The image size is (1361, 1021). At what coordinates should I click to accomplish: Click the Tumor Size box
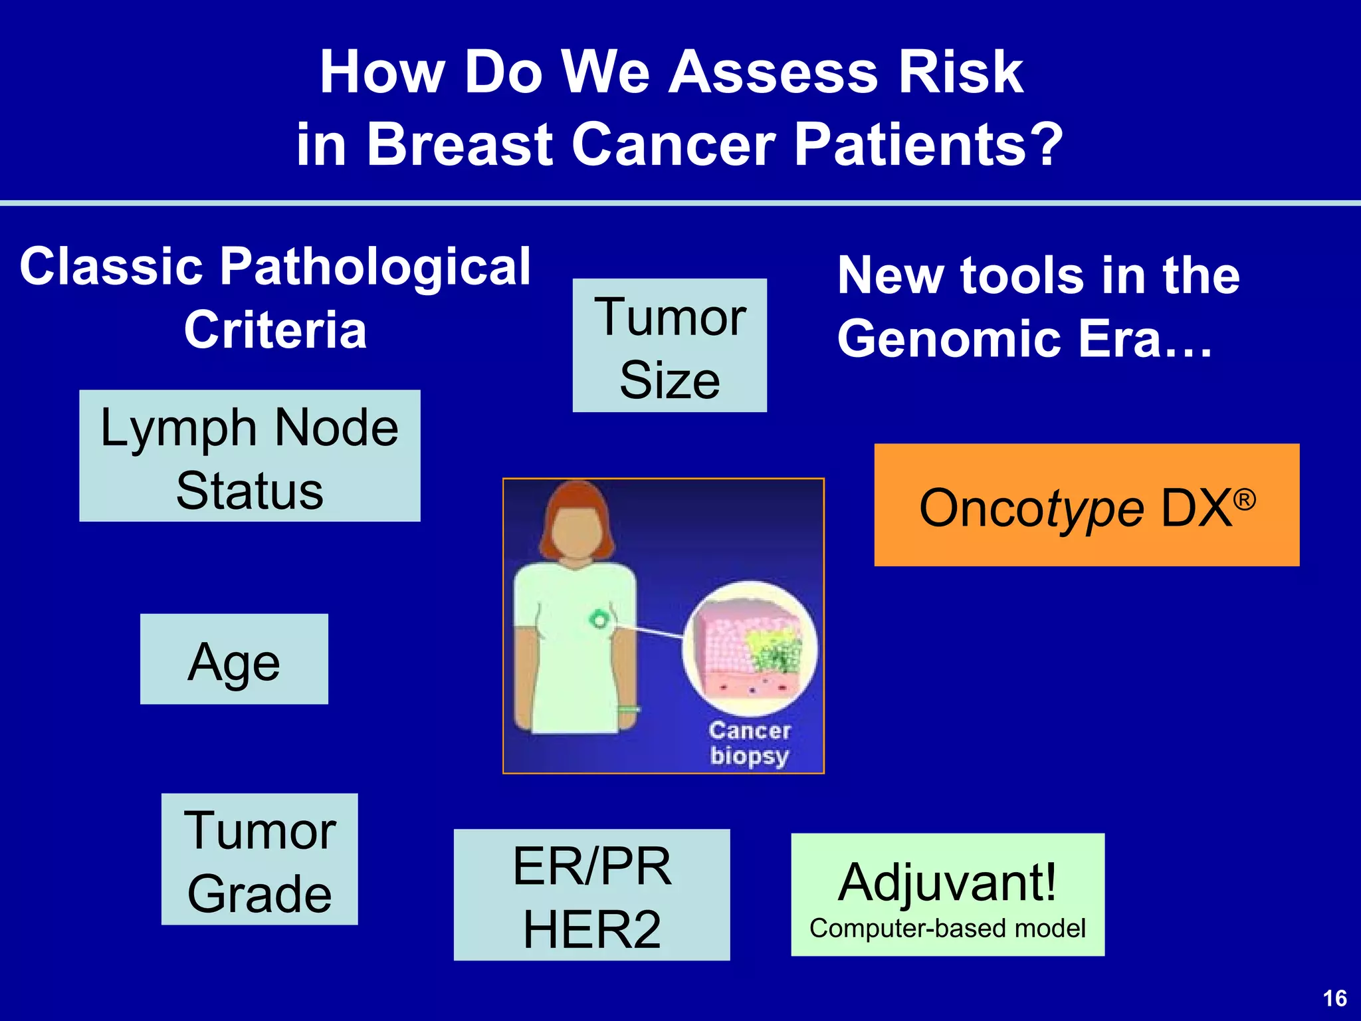(x=669, y=346)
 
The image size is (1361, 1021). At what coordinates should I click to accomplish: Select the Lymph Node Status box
(x=249, y=456)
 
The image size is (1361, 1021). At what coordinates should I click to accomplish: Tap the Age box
(x=234, y=659)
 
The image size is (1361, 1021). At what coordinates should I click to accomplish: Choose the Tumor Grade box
(x=259, y=859)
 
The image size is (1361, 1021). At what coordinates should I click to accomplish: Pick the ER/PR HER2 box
(x=591, y=895)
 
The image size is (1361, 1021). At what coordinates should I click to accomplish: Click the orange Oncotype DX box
(x=1086, y=505)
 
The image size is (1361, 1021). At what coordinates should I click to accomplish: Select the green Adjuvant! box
(x=947, y=895)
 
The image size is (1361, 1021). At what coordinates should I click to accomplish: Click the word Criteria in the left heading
(x=275, y=330)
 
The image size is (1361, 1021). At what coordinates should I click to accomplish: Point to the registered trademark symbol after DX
(x=1245, y=499)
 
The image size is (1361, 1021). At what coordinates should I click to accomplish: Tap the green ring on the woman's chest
(x=598, y=620)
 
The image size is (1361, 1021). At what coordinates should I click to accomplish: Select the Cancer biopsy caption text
(x=750, y=743)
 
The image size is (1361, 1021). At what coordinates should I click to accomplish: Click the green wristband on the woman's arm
(x=627, y=709)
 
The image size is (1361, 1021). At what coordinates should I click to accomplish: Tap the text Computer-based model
(x=947, y=928)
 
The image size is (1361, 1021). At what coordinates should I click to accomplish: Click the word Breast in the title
(x=459, y=144)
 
